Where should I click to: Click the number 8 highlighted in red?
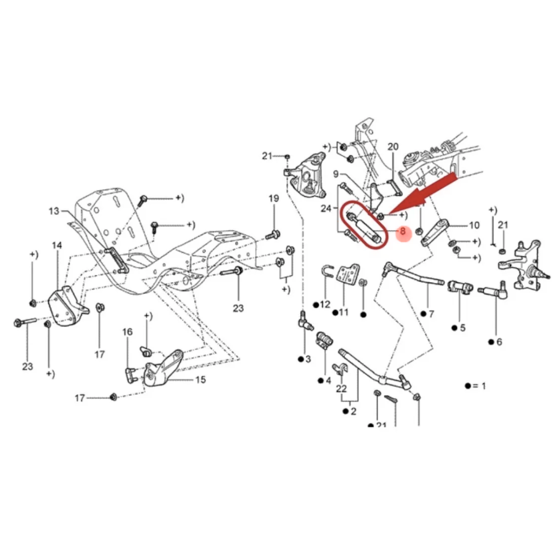403,231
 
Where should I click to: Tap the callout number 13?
54,211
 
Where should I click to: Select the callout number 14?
57,246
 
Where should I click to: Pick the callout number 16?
127,332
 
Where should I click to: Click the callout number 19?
274,199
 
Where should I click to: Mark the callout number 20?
393,147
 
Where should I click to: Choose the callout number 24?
327,208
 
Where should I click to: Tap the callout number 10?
474,225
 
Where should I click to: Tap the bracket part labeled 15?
163,368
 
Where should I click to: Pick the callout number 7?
431,314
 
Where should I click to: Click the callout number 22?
341,389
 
